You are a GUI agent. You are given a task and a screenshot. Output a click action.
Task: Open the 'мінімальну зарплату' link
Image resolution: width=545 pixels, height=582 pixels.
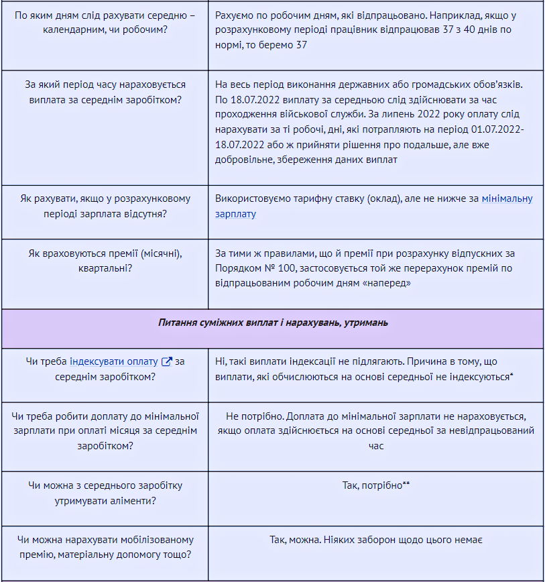click(x=507, y=198)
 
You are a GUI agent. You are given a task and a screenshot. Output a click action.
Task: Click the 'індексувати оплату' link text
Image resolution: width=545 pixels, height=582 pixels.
click(x=114, y=361)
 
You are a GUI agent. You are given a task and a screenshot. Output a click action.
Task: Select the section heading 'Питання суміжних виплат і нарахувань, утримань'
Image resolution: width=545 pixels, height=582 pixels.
click(x=273, y=323)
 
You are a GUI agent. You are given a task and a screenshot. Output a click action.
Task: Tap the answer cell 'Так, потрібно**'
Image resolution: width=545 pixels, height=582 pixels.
click(x=375, y=485)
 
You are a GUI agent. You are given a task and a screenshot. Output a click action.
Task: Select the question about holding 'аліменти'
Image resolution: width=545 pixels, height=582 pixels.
click(x=105, y=493)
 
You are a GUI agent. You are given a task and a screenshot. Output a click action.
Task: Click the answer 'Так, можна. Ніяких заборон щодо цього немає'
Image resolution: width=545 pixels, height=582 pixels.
click(x=375, y=540)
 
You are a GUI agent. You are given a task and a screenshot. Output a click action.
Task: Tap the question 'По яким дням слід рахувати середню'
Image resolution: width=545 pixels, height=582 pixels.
click(x=105, y=21)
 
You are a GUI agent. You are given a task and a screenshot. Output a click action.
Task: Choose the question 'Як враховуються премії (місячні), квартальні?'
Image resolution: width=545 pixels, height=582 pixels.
click(x=105, y=261)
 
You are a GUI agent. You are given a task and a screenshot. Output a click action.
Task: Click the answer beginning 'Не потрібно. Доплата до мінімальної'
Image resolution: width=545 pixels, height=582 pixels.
click(x=375, y=431)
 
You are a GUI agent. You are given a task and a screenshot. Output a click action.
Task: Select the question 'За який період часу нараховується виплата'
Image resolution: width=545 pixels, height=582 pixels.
click(x=105, y=93)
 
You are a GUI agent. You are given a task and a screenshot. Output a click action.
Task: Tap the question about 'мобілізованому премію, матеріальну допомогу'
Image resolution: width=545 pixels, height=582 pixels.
click(x=105, y=547)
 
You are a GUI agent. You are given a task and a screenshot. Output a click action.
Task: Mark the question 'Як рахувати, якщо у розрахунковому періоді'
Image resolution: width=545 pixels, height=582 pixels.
click(x=105, y=206)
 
